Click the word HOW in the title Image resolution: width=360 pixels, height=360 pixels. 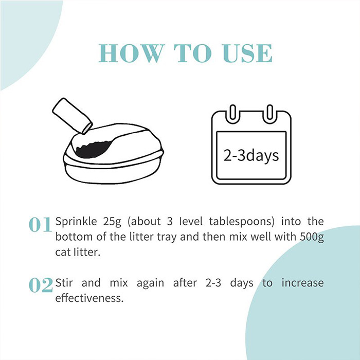(132, 53)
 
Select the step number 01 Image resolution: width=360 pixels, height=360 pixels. (41, 225)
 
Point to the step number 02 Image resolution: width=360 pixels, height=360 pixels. (41, 285)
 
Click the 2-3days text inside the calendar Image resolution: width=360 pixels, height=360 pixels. (251, 156)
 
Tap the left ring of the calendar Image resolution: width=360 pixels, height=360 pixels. (232, 114)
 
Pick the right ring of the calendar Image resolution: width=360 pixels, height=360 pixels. (270, 114)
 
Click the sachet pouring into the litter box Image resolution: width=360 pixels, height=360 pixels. (73, 116)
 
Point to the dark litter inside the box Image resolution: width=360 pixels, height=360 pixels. (93, 150)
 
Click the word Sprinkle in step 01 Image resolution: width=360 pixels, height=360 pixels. (76, 222)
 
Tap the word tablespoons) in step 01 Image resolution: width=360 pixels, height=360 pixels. (242, 222)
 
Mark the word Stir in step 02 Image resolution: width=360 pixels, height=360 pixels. (64, 283)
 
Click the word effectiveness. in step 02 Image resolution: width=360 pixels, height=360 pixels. (89, 298)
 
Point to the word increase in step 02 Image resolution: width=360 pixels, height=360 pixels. (302, 283)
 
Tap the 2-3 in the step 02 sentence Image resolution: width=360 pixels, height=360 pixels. (213, 283)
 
